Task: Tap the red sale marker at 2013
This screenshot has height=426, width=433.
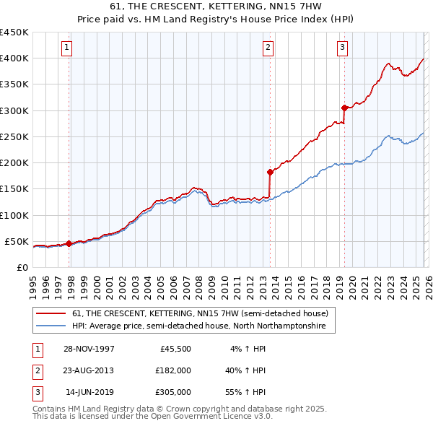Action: coord(270,172)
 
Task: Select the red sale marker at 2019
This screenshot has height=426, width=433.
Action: coord(344,108)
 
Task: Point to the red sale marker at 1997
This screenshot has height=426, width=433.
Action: coord(69,243)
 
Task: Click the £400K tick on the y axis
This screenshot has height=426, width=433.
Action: coord(14,58)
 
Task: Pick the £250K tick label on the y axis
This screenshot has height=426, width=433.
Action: coord(14,136)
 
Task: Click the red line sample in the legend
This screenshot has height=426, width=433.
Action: coord(51,313)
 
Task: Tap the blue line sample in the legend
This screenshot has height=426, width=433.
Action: coord(51,326)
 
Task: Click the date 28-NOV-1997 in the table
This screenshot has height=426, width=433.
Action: coord(89,348)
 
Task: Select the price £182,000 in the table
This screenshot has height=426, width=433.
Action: coord(172,370)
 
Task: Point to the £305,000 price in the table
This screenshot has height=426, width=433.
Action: coord(172,392)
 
